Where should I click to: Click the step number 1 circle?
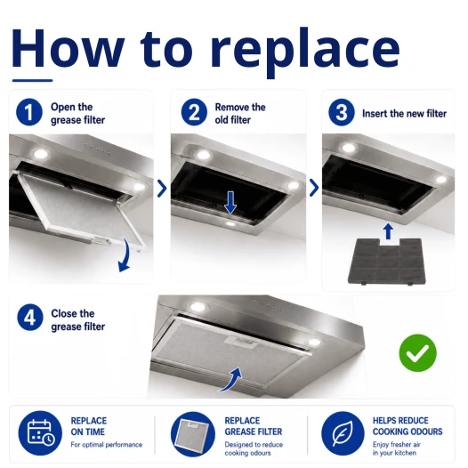click(x=29, y=112)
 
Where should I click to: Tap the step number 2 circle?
click(x=194, y=112)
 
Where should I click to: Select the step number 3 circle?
click(x=342, y=112)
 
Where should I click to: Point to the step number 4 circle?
click(x=30, y=317)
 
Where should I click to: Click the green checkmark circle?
click(x=417, y=353)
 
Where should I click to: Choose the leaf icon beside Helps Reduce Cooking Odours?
click(x=343, y=433)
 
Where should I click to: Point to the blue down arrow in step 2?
click(x=230, y=203)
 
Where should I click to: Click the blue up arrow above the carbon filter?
click(x=388, y=231)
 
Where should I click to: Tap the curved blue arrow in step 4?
click(x=231, y=380)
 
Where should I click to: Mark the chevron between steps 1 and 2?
click(x=162, y=188)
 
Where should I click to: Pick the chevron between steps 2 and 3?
click(x=314, y=188)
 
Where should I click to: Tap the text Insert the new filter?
click(x=404, y=113)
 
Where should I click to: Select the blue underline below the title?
click(x=32, y=80)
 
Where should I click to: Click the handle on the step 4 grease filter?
click(x=242, y=342)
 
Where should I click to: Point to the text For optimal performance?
click(x=106, y=445)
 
